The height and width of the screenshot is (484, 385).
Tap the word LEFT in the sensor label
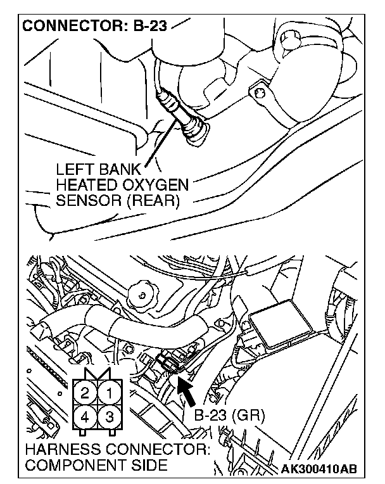tap(72, 171)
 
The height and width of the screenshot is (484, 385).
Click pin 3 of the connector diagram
tap(109, 417)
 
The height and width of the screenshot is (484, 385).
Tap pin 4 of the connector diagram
tap(85, 417)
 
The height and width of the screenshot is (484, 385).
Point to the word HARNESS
tap(65, 451)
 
